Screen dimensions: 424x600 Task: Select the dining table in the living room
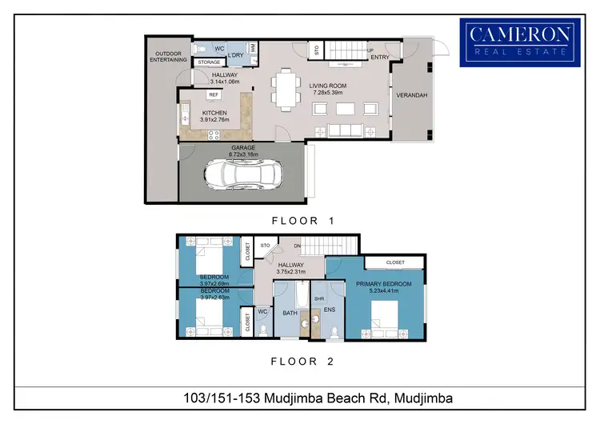click(x=285, y=89)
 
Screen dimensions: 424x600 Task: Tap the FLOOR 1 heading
click(x=302, y=219)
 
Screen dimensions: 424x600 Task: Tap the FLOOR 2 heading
click(x=302, y=362)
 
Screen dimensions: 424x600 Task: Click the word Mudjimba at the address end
click(x=423, y=398)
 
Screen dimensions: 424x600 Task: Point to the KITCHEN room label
click(x=214, y=113)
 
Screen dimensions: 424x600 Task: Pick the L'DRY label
click(x=235, y=55)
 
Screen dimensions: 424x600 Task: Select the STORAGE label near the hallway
click(x=209, y=62)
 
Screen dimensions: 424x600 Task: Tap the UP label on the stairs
click(x=370, y=50)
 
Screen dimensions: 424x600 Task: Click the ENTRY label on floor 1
click(x=378, y=58)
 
